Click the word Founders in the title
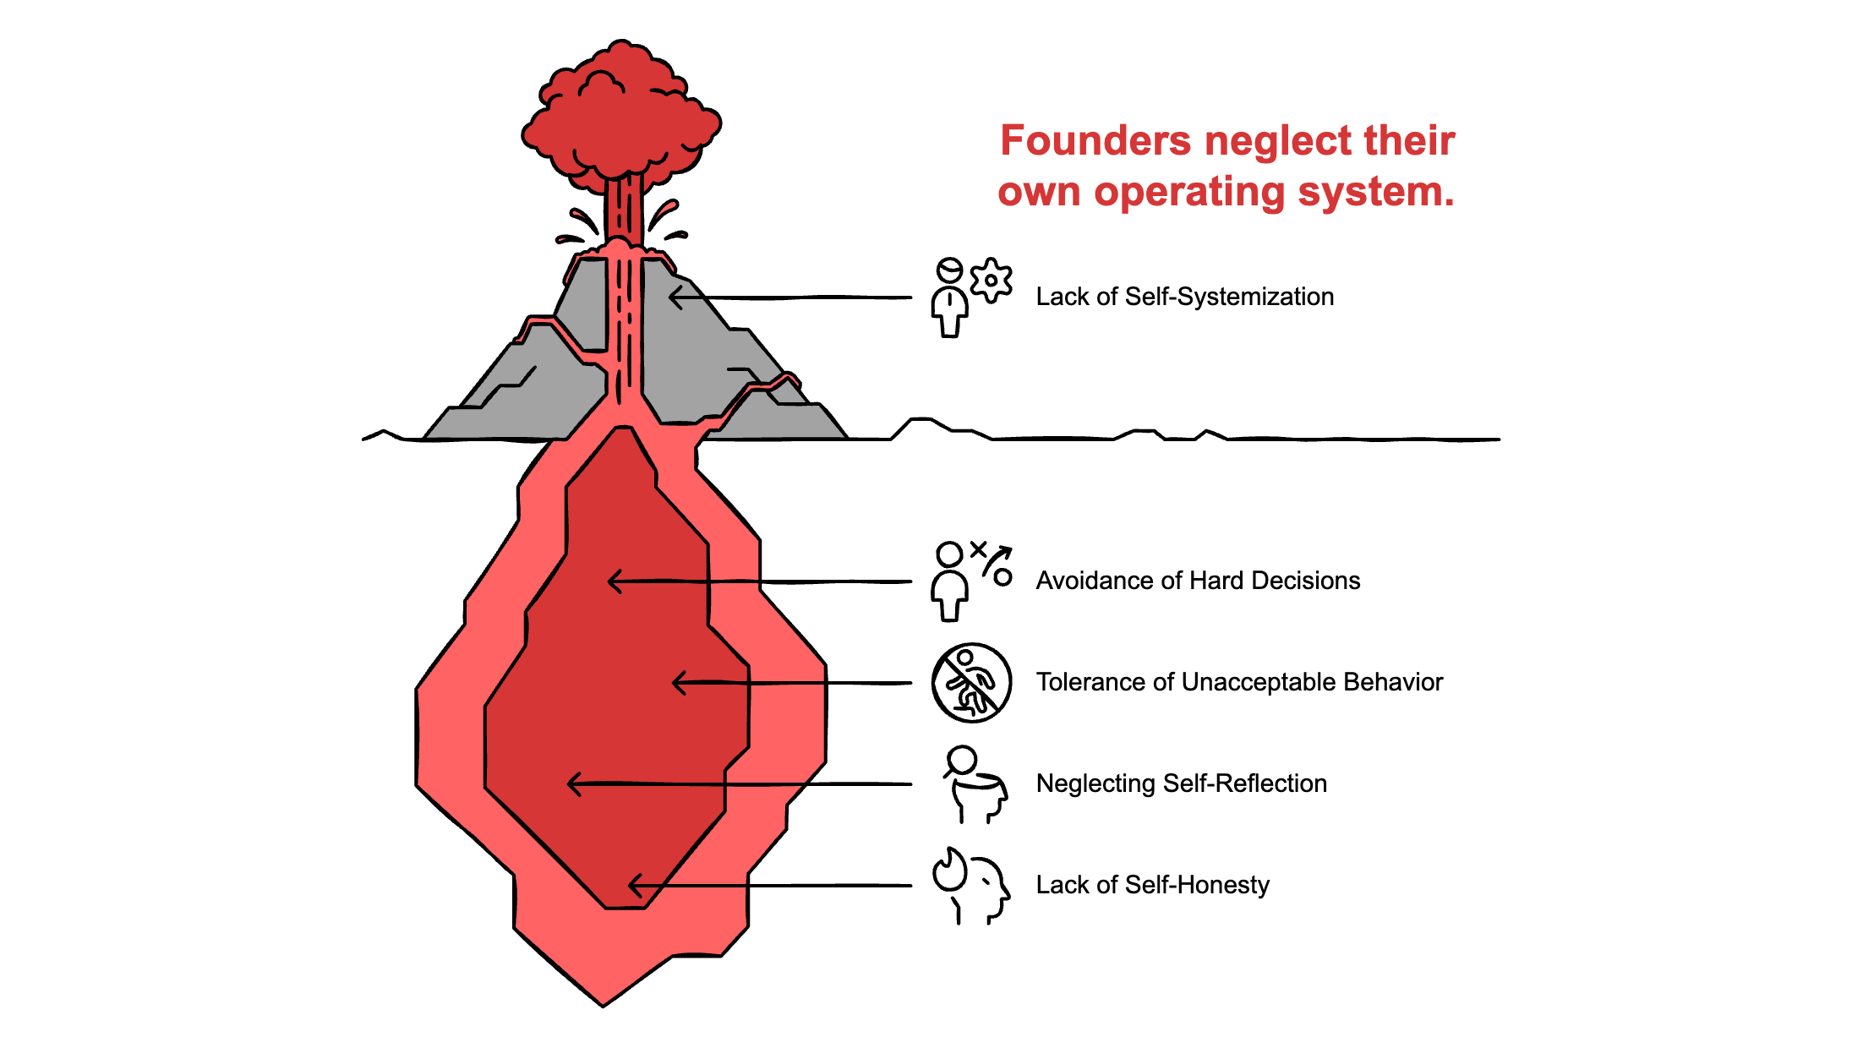(1095, 140)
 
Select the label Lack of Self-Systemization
(1184, 297)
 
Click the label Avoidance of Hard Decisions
(1198, 581)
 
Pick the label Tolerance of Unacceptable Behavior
(1239, 682)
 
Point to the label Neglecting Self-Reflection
(1181, 783)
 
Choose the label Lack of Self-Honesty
(1152, 885)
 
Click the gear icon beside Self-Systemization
(991, 280)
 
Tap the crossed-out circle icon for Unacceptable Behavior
(971, 683)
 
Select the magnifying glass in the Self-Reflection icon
(961, 761)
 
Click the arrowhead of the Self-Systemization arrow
(673, 297)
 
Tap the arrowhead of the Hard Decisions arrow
(612, 581)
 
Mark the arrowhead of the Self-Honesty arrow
(632, 886)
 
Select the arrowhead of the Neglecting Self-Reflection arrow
(571, 784)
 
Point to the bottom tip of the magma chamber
(603, 1002)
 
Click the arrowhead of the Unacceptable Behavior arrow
(676, 682)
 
